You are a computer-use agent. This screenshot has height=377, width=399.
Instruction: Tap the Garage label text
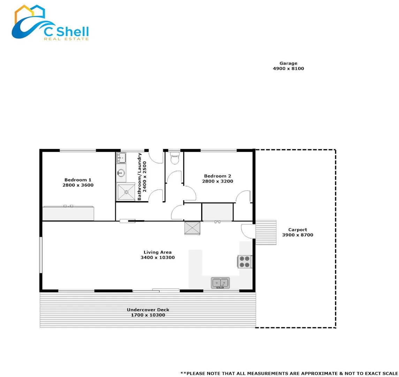click(x=288, y=63)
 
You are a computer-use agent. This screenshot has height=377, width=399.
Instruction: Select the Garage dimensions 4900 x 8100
click(x=288, y=68)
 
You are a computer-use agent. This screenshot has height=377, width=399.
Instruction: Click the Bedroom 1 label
click(x=78, y=180)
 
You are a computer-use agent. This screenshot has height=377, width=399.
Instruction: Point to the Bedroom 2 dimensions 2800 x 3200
click(x=217, y=181)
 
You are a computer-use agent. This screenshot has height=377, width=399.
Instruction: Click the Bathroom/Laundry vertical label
click(x=142, y=177)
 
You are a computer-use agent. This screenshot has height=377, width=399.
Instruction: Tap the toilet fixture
click(x=174, y=158)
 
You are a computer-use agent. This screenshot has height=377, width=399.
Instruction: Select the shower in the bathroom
click(x=126, y=191)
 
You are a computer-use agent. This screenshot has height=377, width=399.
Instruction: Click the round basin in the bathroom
click(x=121, y=172)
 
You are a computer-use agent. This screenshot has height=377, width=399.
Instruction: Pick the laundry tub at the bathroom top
click(x=121, y=158)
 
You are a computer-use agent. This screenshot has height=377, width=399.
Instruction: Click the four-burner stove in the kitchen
click(x=245, y=262)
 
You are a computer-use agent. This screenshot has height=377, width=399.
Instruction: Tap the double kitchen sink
click(x=220, y=282)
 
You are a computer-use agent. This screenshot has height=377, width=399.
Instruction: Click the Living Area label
click(x=158, y=252)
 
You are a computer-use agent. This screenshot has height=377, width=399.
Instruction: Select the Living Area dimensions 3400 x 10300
click(x=158, y=258)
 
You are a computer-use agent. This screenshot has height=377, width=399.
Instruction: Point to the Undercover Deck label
click(x=148, y=310)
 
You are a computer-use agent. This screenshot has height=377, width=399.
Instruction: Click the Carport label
click(x=298, y=230)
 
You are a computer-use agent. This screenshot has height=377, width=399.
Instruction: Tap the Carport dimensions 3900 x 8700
click(x=298, y=235)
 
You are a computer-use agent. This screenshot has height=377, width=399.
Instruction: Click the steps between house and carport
click(x=266, y=232)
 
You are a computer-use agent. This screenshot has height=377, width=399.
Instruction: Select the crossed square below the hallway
click(x=192, y=228)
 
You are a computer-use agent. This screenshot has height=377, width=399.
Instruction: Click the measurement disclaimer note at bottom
click(x=289, y=373)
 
